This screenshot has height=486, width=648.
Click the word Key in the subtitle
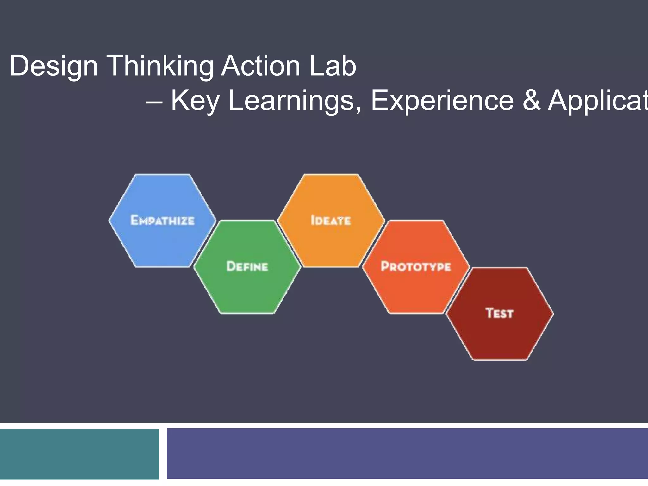[195, 101]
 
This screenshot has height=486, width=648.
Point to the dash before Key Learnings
[154, 102]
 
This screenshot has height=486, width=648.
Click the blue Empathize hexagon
[162, 240]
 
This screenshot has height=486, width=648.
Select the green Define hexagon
[247, 288]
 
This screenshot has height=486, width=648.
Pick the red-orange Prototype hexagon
[416, 288]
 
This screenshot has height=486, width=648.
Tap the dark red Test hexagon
[500, 335]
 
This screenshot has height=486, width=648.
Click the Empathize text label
[162, 220]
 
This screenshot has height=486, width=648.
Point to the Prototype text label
[416, 266]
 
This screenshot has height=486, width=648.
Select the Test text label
[499, 313]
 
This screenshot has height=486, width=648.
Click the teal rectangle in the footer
[79, 454]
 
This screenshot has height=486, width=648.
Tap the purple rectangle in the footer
[407, 454]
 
